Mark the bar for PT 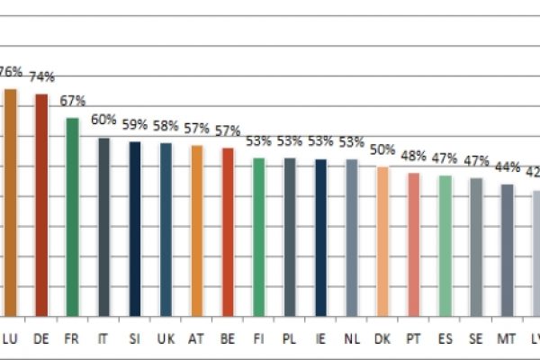point(413,244)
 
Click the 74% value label point(41,77)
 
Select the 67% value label point(72,101)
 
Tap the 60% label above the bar point(103,120)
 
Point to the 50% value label point(382,149)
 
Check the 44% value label point(507,166)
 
